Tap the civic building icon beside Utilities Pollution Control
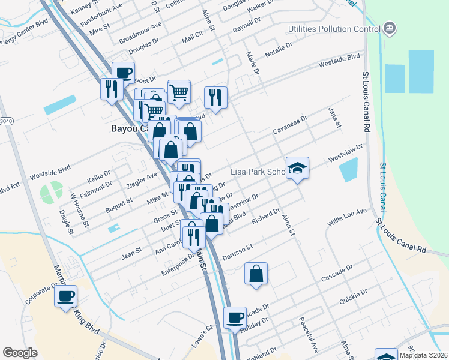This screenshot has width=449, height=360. tap(390, 28)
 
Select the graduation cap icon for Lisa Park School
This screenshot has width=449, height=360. tap(297, 169)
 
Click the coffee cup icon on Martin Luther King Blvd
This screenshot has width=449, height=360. tap(65, 296)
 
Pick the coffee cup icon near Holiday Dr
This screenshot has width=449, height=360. tap(235, 317)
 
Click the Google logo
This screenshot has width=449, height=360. tap(20, 353)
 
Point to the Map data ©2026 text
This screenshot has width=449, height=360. tap(423, 355)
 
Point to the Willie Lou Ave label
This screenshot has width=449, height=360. tap(346, 218)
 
